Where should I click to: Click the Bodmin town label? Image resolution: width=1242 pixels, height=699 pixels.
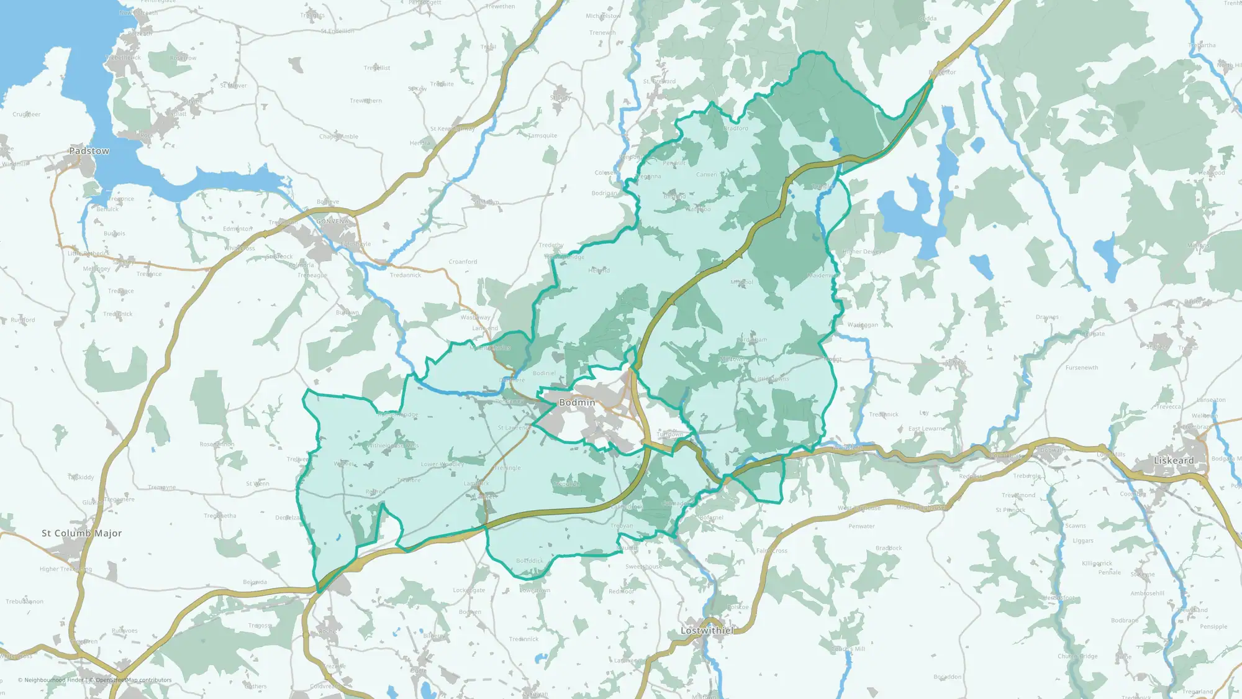coord(577,403)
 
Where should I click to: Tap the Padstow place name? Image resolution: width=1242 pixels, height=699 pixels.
coord(89,151)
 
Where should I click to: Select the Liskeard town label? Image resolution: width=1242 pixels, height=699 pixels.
coord(1173,460)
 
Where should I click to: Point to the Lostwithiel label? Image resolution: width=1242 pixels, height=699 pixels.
coord(707,631)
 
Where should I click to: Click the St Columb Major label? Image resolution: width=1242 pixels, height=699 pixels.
coord(81,533)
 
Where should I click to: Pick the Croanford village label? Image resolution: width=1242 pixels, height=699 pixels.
coord(463,262)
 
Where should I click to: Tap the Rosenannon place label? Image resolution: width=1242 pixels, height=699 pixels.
coord(217,444)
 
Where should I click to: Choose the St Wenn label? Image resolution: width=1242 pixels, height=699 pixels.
coord(257,483)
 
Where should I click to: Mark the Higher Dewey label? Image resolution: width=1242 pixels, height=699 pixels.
coord(861,252)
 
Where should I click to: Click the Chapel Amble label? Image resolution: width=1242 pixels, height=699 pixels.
coord(338,137)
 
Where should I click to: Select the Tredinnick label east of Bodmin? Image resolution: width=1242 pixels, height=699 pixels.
coord(883,414)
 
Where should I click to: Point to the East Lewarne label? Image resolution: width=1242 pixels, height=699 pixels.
coord(927,429)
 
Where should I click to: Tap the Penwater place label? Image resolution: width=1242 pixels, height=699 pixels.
coord(861,526)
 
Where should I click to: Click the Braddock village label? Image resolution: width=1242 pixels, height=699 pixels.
coord(888,548)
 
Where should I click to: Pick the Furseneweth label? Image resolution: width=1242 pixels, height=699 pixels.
coord(1081,368)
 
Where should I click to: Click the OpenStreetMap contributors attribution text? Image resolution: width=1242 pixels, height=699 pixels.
coord(133,680)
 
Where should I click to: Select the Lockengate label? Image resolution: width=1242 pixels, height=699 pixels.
coord(468,590)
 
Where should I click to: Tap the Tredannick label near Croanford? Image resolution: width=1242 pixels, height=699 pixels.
coord(405,275)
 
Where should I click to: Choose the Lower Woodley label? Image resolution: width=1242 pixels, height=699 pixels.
coord(442,464)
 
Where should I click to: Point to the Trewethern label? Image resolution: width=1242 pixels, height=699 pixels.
coord(365,101)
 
